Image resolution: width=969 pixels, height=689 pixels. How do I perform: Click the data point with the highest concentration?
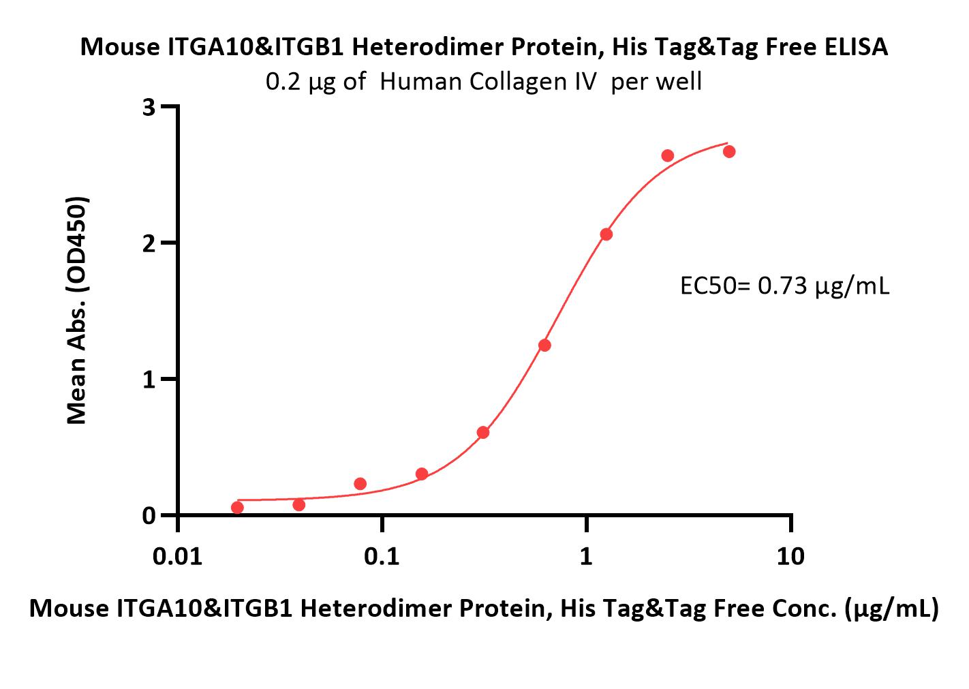[x=729, y=151]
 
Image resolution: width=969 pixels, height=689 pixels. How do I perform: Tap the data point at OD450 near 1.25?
[x=544, y=345]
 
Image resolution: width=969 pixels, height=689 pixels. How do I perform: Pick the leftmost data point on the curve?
[x=237, y=507]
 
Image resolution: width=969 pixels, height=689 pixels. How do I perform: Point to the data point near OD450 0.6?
[x=482, y=432]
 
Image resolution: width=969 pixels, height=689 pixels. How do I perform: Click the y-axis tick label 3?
[x=149, y=107]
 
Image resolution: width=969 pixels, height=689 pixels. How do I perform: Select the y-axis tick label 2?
[x=149, y=243]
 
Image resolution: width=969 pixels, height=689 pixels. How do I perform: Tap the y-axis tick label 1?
[x=149, y=380]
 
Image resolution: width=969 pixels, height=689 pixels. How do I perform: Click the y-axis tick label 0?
[x=149, y=516]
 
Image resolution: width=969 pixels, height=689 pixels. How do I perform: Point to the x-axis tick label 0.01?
[x=177, y=556]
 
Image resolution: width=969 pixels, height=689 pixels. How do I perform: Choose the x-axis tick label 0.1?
[x=382, y=556]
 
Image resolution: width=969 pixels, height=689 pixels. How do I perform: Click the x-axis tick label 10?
[x=790, y=556]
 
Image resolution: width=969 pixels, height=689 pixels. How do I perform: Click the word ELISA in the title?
[x=856, y=47]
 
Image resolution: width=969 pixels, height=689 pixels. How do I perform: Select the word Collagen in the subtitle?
[x=511, y=82]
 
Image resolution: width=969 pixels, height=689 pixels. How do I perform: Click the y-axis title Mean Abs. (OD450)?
[x=77, y=311]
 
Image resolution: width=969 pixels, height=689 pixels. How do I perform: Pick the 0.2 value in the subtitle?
[x=283, y=82]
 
